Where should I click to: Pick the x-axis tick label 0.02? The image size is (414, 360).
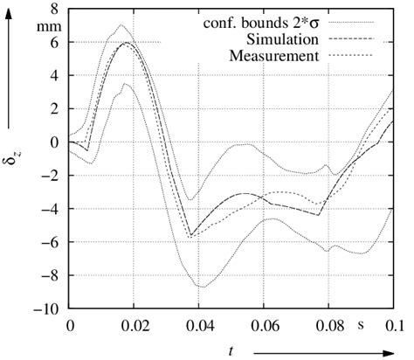[x=134, y=325]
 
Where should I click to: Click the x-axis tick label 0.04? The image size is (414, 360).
[x=199, y=325]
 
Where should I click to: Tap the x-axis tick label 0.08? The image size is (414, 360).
[x=329, y=325]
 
